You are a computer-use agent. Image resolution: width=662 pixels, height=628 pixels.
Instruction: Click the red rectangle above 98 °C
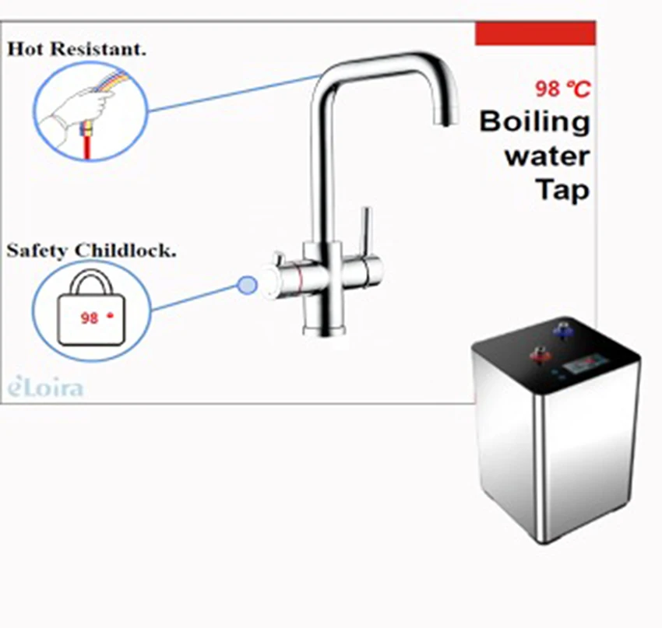[x=535, y=33]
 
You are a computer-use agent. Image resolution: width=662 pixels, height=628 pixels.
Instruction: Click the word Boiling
[x=534, y=123]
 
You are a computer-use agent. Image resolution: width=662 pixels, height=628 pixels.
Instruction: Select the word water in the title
[x=547, y=156]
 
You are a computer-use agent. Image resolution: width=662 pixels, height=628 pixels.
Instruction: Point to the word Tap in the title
[x=562, y=189]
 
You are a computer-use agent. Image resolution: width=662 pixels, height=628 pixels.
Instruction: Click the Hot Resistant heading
[x=77, y=49]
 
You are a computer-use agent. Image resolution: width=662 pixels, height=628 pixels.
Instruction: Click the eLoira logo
[x=45, y=388]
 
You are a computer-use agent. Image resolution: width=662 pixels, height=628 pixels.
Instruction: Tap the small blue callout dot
[x=247, y=286]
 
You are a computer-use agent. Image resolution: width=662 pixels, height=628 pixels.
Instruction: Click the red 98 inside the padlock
[x=89, y=319]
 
